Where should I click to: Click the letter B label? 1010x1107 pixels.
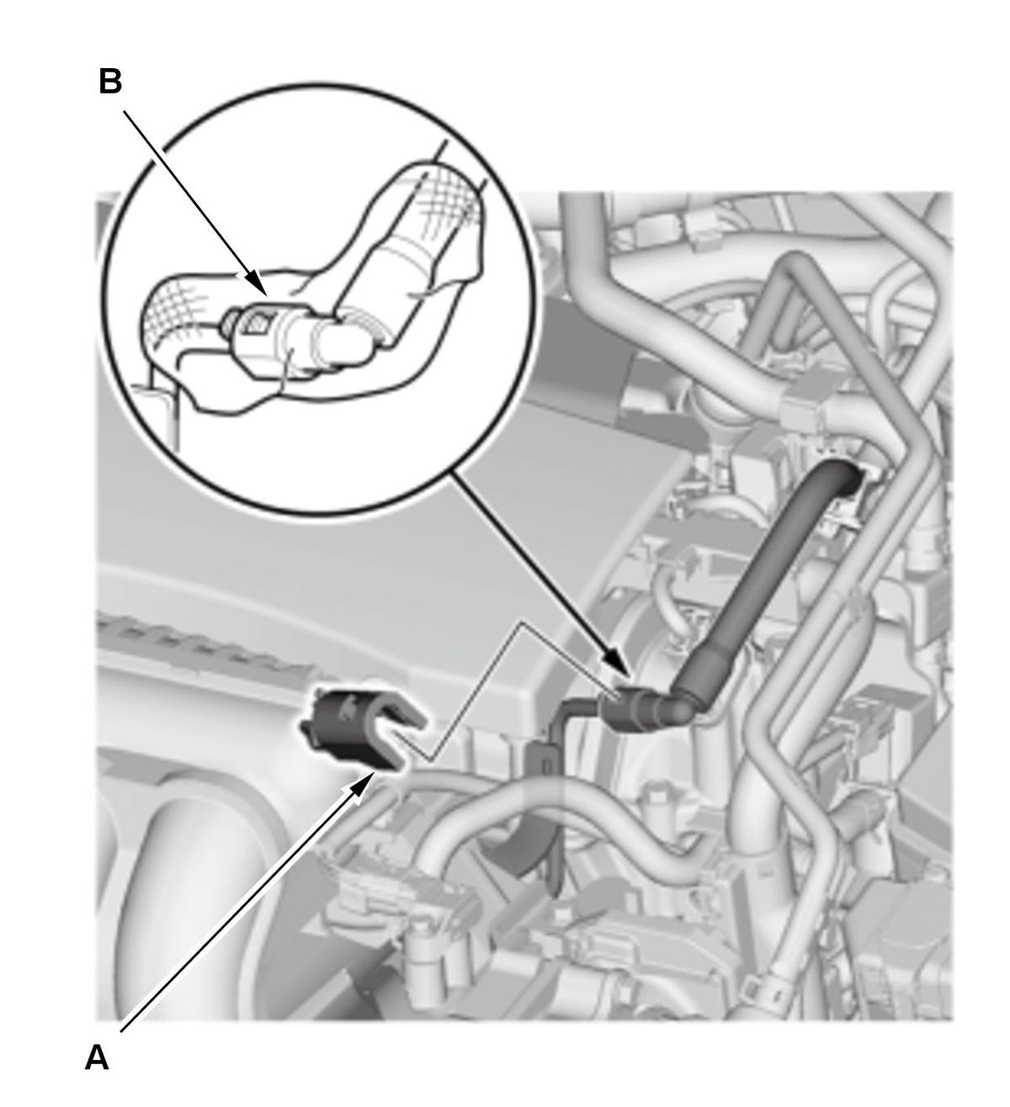click(x=110, y=81)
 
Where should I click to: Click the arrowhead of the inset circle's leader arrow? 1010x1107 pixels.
click(x=619, y=664)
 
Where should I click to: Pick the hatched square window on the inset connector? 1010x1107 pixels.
click(x=256, y=320)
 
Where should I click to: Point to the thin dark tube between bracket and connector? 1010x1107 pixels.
click(x=582, y=707)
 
